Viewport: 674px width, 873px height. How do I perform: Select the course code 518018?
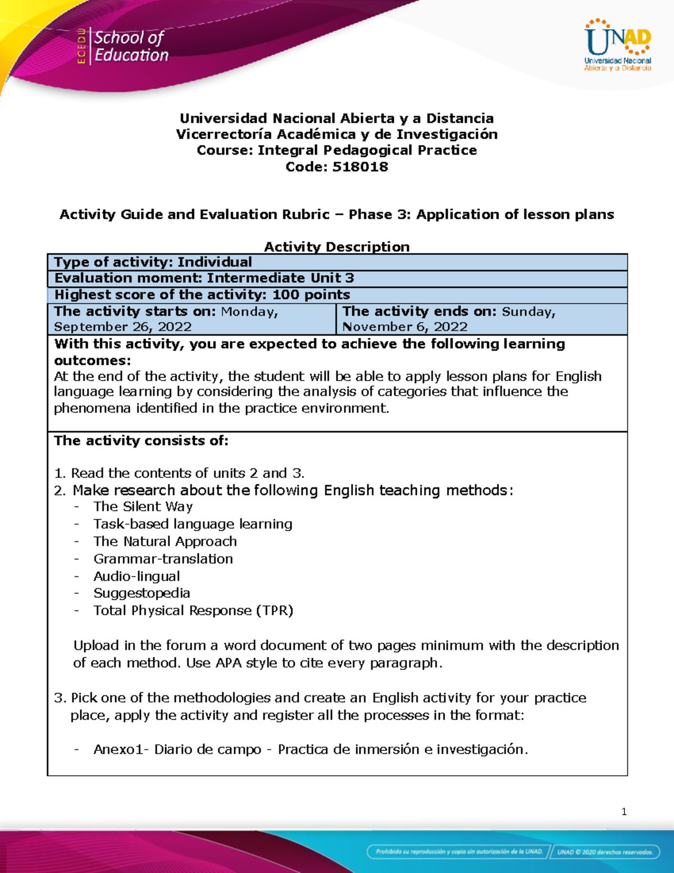(x=360, y=167)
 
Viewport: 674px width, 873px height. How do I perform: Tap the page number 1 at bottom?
(x=624, y=811)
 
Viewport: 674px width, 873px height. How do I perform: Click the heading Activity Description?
(x=336, y=247)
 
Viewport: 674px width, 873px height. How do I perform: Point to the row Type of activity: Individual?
(x=153, y=262)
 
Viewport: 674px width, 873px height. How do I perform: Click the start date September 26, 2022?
(x=122, y=327)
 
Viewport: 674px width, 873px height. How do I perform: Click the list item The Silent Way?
(x=143, y=506)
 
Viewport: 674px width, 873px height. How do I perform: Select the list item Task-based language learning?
(x=193, y=524)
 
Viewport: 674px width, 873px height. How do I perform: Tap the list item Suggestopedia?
(x=142, y=593)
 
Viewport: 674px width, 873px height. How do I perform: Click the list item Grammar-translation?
(x=163, y=559)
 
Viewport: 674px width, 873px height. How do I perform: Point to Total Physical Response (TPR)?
(x=193, y=610)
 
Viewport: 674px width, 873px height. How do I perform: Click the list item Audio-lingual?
(x=136, y=576)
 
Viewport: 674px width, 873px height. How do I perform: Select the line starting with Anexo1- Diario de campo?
(x=310, y=749)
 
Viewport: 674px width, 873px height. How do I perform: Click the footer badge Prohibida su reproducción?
(x=458, y=851)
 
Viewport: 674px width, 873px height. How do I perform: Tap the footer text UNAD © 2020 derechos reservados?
(x=604, y=851)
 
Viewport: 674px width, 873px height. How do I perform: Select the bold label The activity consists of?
(x=141, y=441)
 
